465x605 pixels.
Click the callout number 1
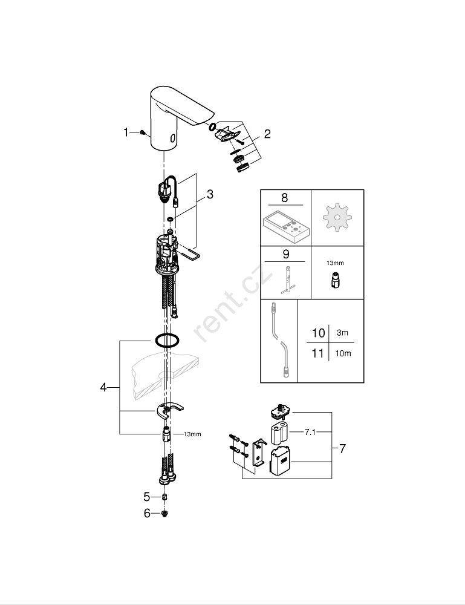click(126, 132)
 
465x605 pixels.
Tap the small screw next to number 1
click(142, 132)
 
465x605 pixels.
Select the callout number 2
click(267, 134)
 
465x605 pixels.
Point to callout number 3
click(210, 194)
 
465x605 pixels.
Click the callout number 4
click(103, 387)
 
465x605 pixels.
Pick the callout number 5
click(146, 497)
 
